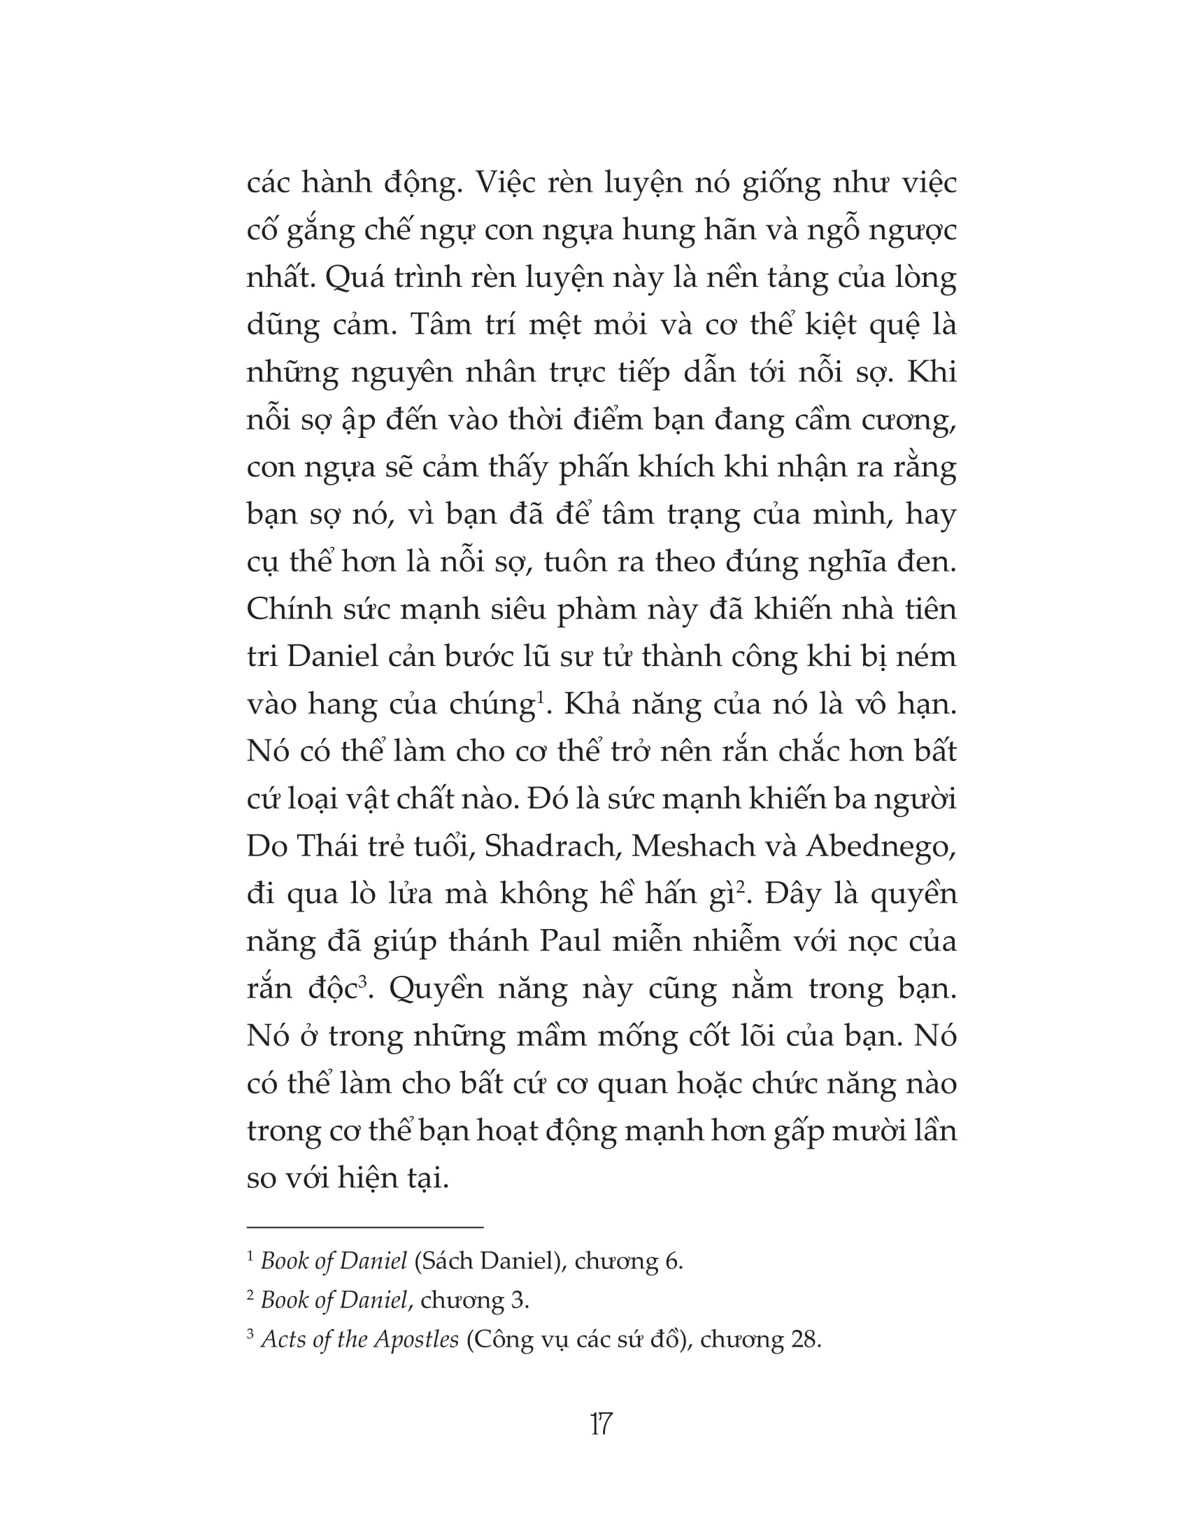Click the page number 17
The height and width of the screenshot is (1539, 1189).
click(x=601, y=1424)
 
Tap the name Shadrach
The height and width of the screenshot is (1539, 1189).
click(x=547, y=846)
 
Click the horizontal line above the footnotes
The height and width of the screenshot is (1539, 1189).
click(x=365, y=1228)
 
